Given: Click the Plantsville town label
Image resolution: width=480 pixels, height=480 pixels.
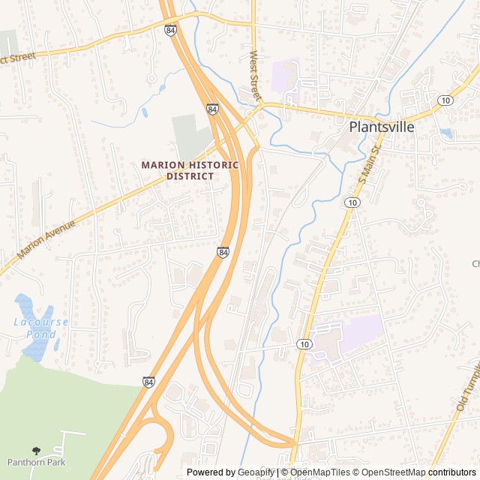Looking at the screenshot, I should tap(382, 127).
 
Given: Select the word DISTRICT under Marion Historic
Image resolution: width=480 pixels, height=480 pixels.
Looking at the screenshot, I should tap(190, 176).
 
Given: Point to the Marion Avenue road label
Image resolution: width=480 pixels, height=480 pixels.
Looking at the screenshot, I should tap(46, 239).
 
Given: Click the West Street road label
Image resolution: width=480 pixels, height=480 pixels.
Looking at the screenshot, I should tap(256, 75).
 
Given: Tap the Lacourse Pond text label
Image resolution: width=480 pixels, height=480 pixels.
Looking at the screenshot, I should tap(41, 327).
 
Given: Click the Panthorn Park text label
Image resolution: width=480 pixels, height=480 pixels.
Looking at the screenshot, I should tap(36, 462).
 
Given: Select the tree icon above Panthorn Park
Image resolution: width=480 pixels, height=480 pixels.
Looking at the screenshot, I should tap(36, 451).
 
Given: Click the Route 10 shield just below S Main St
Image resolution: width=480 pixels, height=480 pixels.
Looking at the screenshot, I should tap(352, 202).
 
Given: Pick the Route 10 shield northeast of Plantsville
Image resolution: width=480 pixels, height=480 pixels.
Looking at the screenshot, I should tap(446, 100).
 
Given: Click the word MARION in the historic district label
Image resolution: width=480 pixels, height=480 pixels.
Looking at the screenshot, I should tap(162, 165).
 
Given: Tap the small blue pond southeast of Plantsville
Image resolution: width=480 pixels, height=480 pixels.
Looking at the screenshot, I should tap(447, 133).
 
